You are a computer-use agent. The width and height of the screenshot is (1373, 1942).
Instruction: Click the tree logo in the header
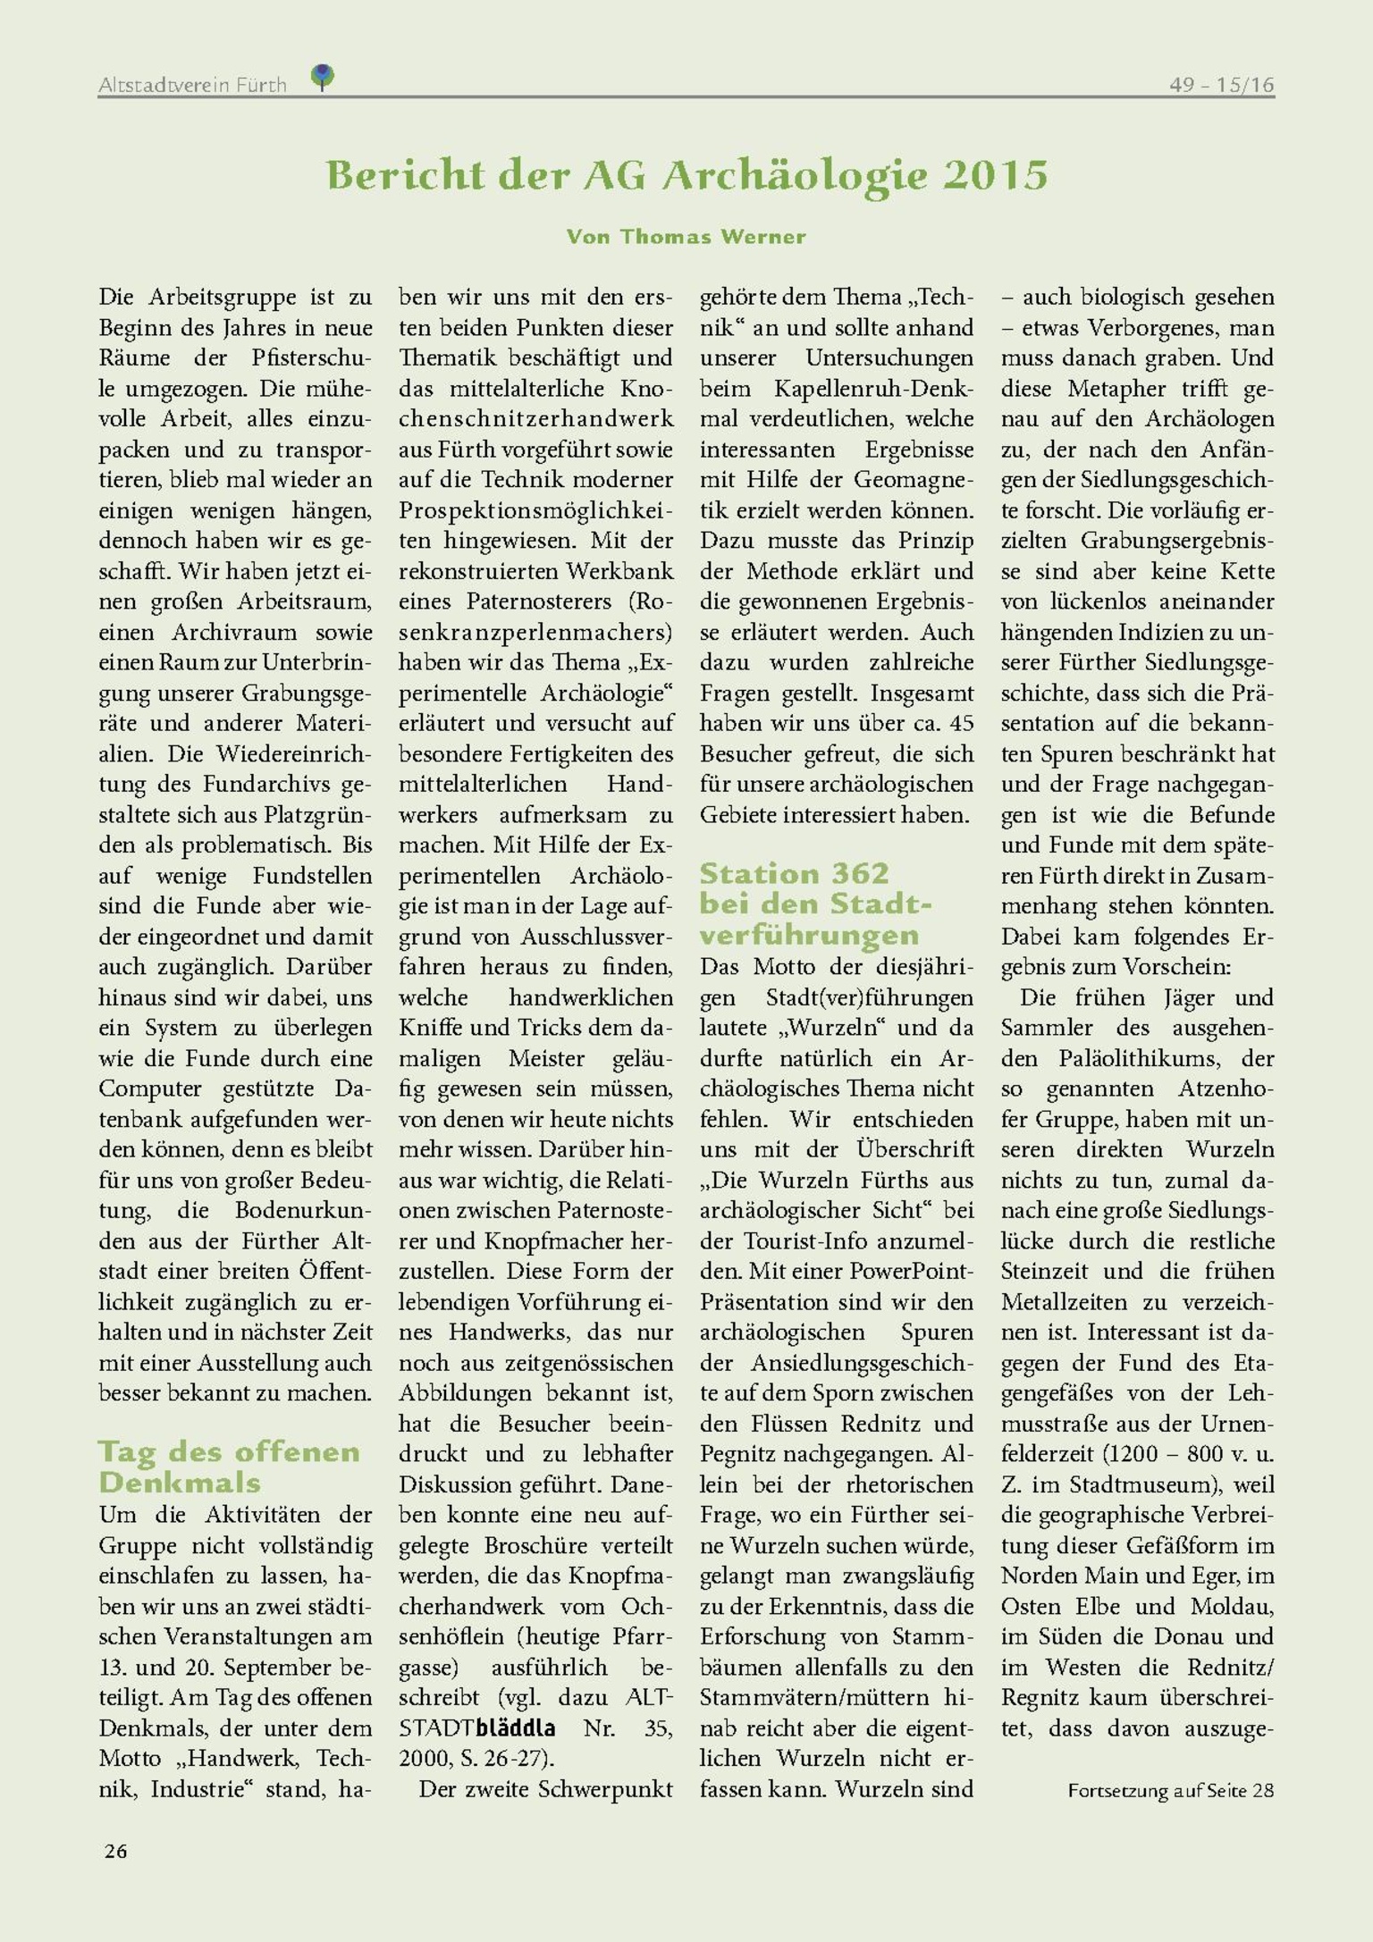(323, 76)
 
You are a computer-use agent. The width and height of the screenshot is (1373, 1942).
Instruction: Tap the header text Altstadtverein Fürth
(192, 85)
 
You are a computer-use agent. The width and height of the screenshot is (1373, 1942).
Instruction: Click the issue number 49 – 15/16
(1221, 85)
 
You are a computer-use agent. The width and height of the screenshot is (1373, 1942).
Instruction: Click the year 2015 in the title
(994, 175)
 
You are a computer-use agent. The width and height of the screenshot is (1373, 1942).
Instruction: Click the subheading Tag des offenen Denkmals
(229, 1467)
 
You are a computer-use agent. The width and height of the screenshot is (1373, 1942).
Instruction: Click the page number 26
(115, 1851)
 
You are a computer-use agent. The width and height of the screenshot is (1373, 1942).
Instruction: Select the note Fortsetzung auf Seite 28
(1170, 1790)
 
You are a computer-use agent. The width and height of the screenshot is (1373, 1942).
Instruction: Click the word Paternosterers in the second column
(538, 601)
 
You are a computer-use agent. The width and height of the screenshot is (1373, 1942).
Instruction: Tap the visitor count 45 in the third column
(961, 723)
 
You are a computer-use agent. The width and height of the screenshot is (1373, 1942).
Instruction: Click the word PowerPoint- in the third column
(911, 1271)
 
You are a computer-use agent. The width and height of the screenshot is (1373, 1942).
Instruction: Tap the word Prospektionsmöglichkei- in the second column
(535, 510)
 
